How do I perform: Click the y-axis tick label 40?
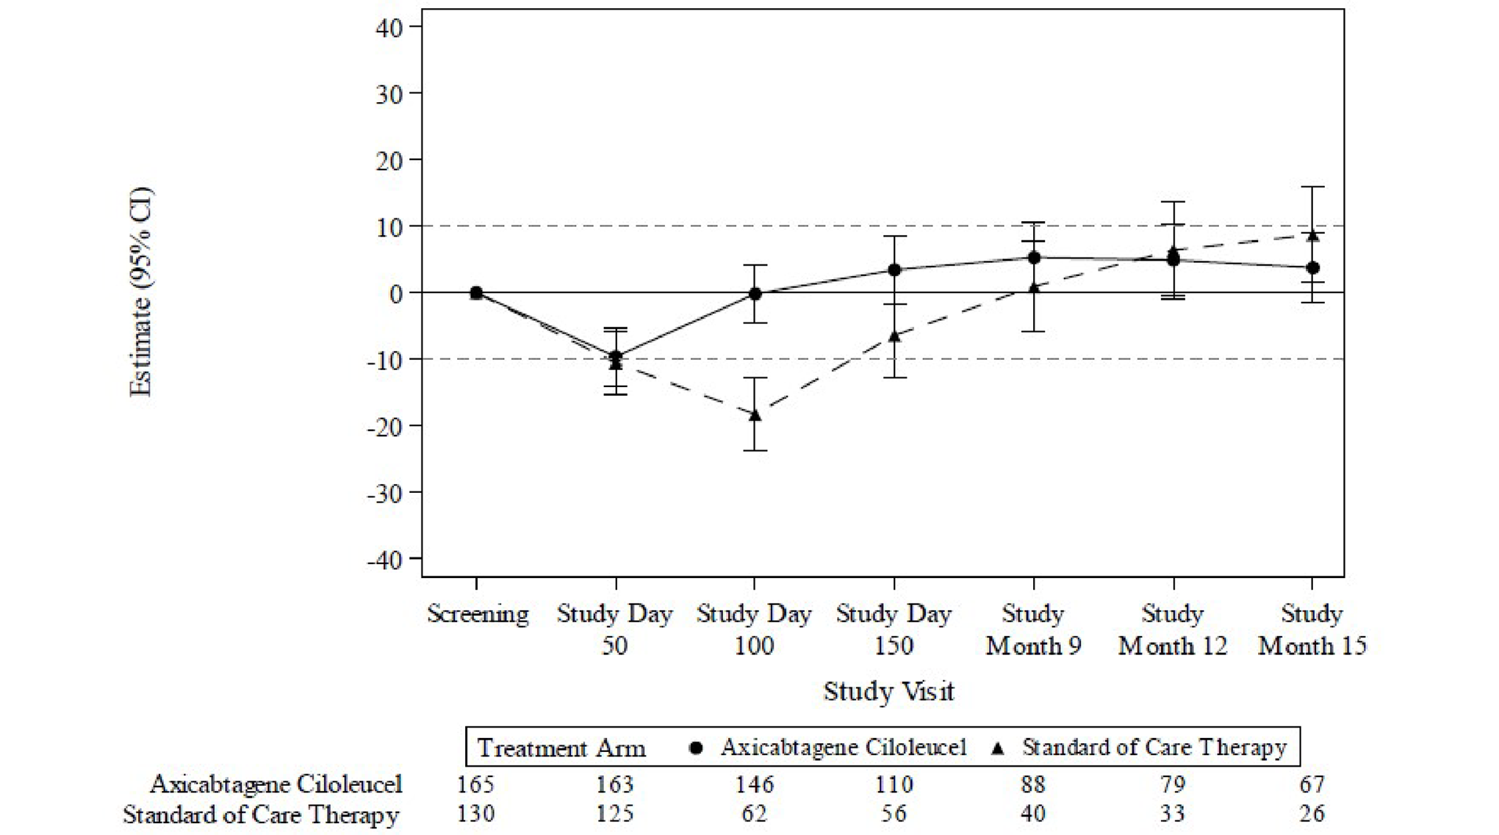(x=389, y=28)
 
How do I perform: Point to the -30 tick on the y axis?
(x=384, y=493)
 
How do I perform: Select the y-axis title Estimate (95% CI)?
(x=140, y=292)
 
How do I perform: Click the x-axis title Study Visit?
(x=888, y=691)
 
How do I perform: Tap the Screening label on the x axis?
(x=478, y=614)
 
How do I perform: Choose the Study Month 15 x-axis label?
(x=1312, y=629)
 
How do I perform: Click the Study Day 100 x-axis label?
(x=754, y=629)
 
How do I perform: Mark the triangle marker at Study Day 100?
(x=755, y=415)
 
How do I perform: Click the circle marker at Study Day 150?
(x=894, y=270)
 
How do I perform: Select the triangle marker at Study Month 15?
(x=1312, y=235)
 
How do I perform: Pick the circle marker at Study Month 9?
(x=1034, y=258)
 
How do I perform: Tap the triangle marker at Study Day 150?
(x=894, y=336)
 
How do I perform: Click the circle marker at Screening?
(x=476, y=292)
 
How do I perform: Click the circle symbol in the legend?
(x=696, y=748)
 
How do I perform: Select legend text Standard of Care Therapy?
(x=1154, y=748)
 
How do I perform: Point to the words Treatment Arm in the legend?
(x=561, y=748)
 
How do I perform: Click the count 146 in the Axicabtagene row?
(x=754, y=785)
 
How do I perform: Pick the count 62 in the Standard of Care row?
(x=754, y=814)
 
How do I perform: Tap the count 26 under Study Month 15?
(x=1312, y=814)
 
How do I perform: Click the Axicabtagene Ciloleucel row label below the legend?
(x=276, y=785)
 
